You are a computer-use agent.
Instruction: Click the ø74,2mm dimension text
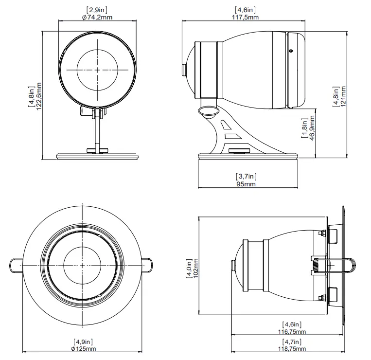[97, 17]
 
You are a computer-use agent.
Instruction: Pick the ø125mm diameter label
[84, 348]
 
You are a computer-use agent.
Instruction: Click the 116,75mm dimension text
[292, 331]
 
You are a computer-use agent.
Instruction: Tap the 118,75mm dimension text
[292, 348]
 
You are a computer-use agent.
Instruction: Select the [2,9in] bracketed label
[97, 10]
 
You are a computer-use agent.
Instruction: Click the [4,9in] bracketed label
[84, 341]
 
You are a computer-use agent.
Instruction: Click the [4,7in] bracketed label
[292, 341]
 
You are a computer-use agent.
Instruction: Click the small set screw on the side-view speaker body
[290, 50]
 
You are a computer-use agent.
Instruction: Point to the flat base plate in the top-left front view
[98, 157]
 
